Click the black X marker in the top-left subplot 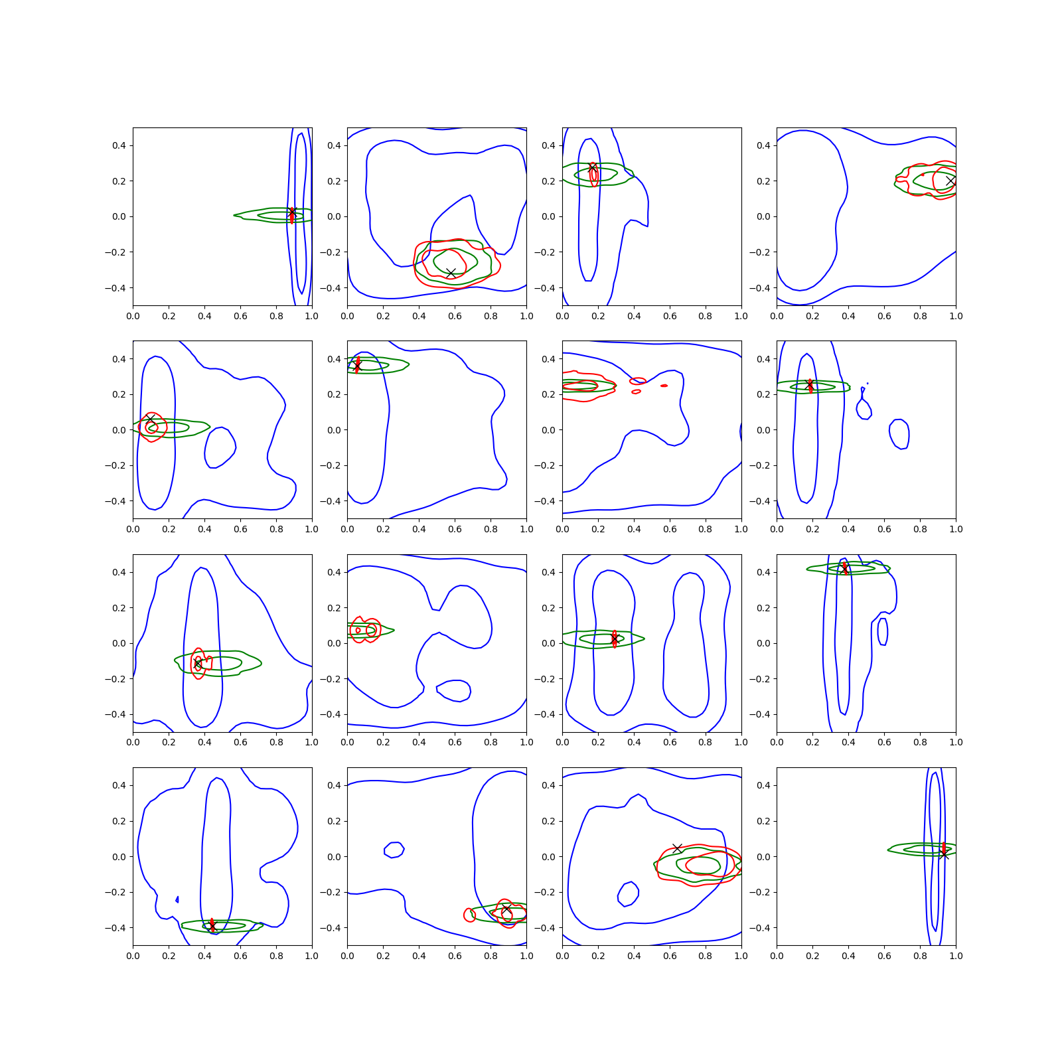tap(292, 212)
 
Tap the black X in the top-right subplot tap(950, 181)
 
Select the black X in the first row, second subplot tap(451, 273)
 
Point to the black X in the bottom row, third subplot tap(677, 848)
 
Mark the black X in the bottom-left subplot tap(212, 925)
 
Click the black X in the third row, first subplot tap(197, 663)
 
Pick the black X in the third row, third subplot tap(614, 638)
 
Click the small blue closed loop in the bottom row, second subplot tap(394, 849)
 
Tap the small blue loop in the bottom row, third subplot tap(628, 893)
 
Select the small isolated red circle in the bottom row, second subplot tap(469, 915)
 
